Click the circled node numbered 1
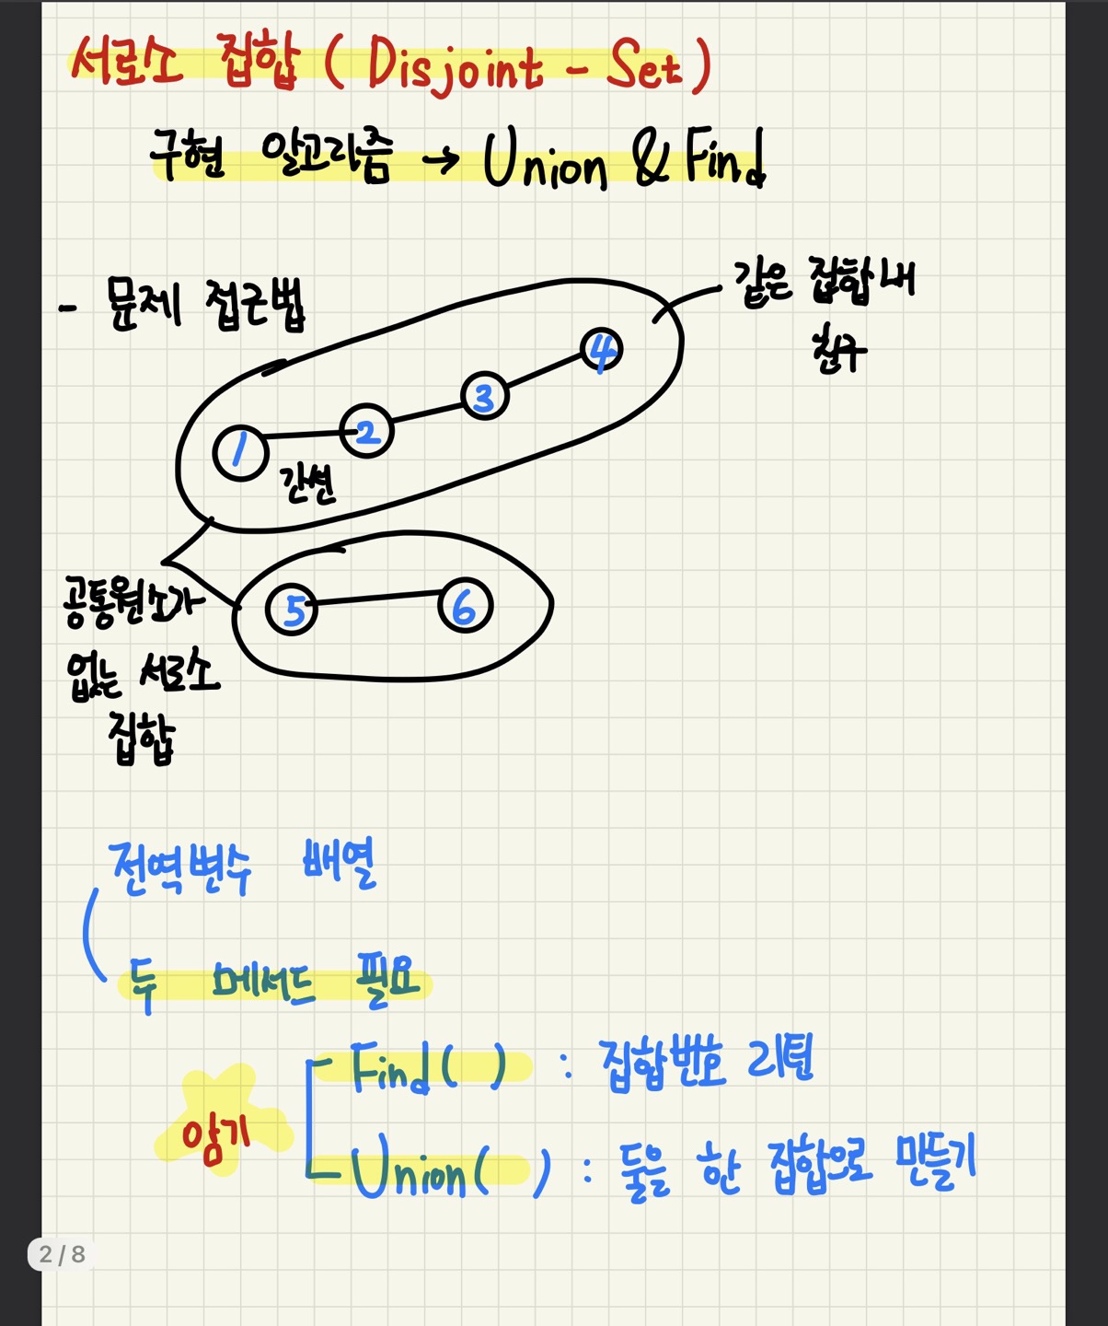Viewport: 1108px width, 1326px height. pyautogui.click(x=240, y=453)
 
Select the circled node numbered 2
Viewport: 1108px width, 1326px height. pyautogui.click(x=366, y=431)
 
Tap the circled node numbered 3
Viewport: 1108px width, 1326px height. pyautogui.click(x=484, y=396)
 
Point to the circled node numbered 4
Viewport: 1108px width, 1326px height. pyautogui.click(x=602, y=350)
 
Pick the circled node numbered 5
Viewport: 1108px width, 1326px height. pyautogui.click(x=292, y=609)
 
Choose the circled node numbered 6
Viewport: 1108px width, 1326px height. pyautogui.click(x=465, y=606)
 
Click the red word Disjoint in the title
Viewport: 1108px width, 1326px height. pyautogui.click(x=455, y=67)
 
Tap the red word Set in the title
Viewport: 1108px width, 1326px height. pyautogui.click(x=644, y=66)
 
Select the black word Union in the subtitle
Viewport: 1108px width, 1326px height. pyautogui.click(x=545, y=161)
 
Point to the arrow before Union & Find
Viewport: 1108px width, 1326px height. pyautogui.click(x=441, y=160)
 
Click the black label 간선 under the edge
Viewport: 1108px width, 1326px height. pyautogui.click(x=308, y=483)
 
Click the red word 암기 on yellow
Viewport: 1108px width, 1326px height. pyautogui.click(x=215, y=1134)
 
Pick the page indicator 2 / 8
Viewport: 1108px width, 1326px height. pyautogui.click(x=62, y=1254)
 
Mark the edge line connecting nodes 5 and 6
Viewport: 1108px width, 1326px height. pyautogui.click(x=378, y=599)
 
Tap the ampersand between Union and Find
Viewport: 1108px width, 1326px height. pyautogui.click(x=652, y=158)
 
